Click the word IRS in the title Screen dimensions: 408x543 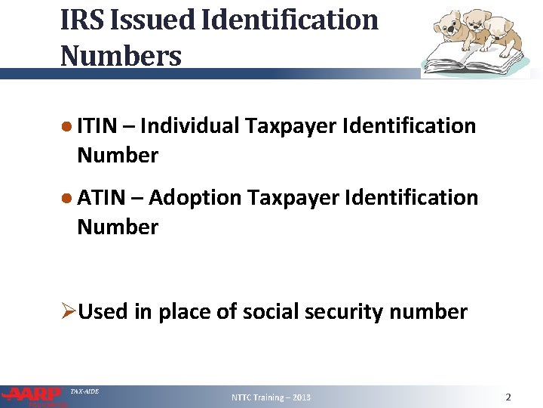pos(80,20)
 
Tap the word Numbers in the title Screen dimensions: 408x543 pos(121,55)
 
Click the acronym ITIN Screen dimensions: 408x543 pos(97,125)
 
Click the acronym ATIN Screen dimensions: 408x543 pos(98,197)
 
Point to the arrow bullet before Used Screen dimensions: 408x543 pos(68,311)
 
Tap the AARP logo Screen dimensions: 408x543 pos(34,395)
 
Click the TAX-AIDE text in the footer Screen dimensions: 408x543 pos(84,391)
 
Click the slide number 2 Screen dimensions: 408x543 pos(508,397)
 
